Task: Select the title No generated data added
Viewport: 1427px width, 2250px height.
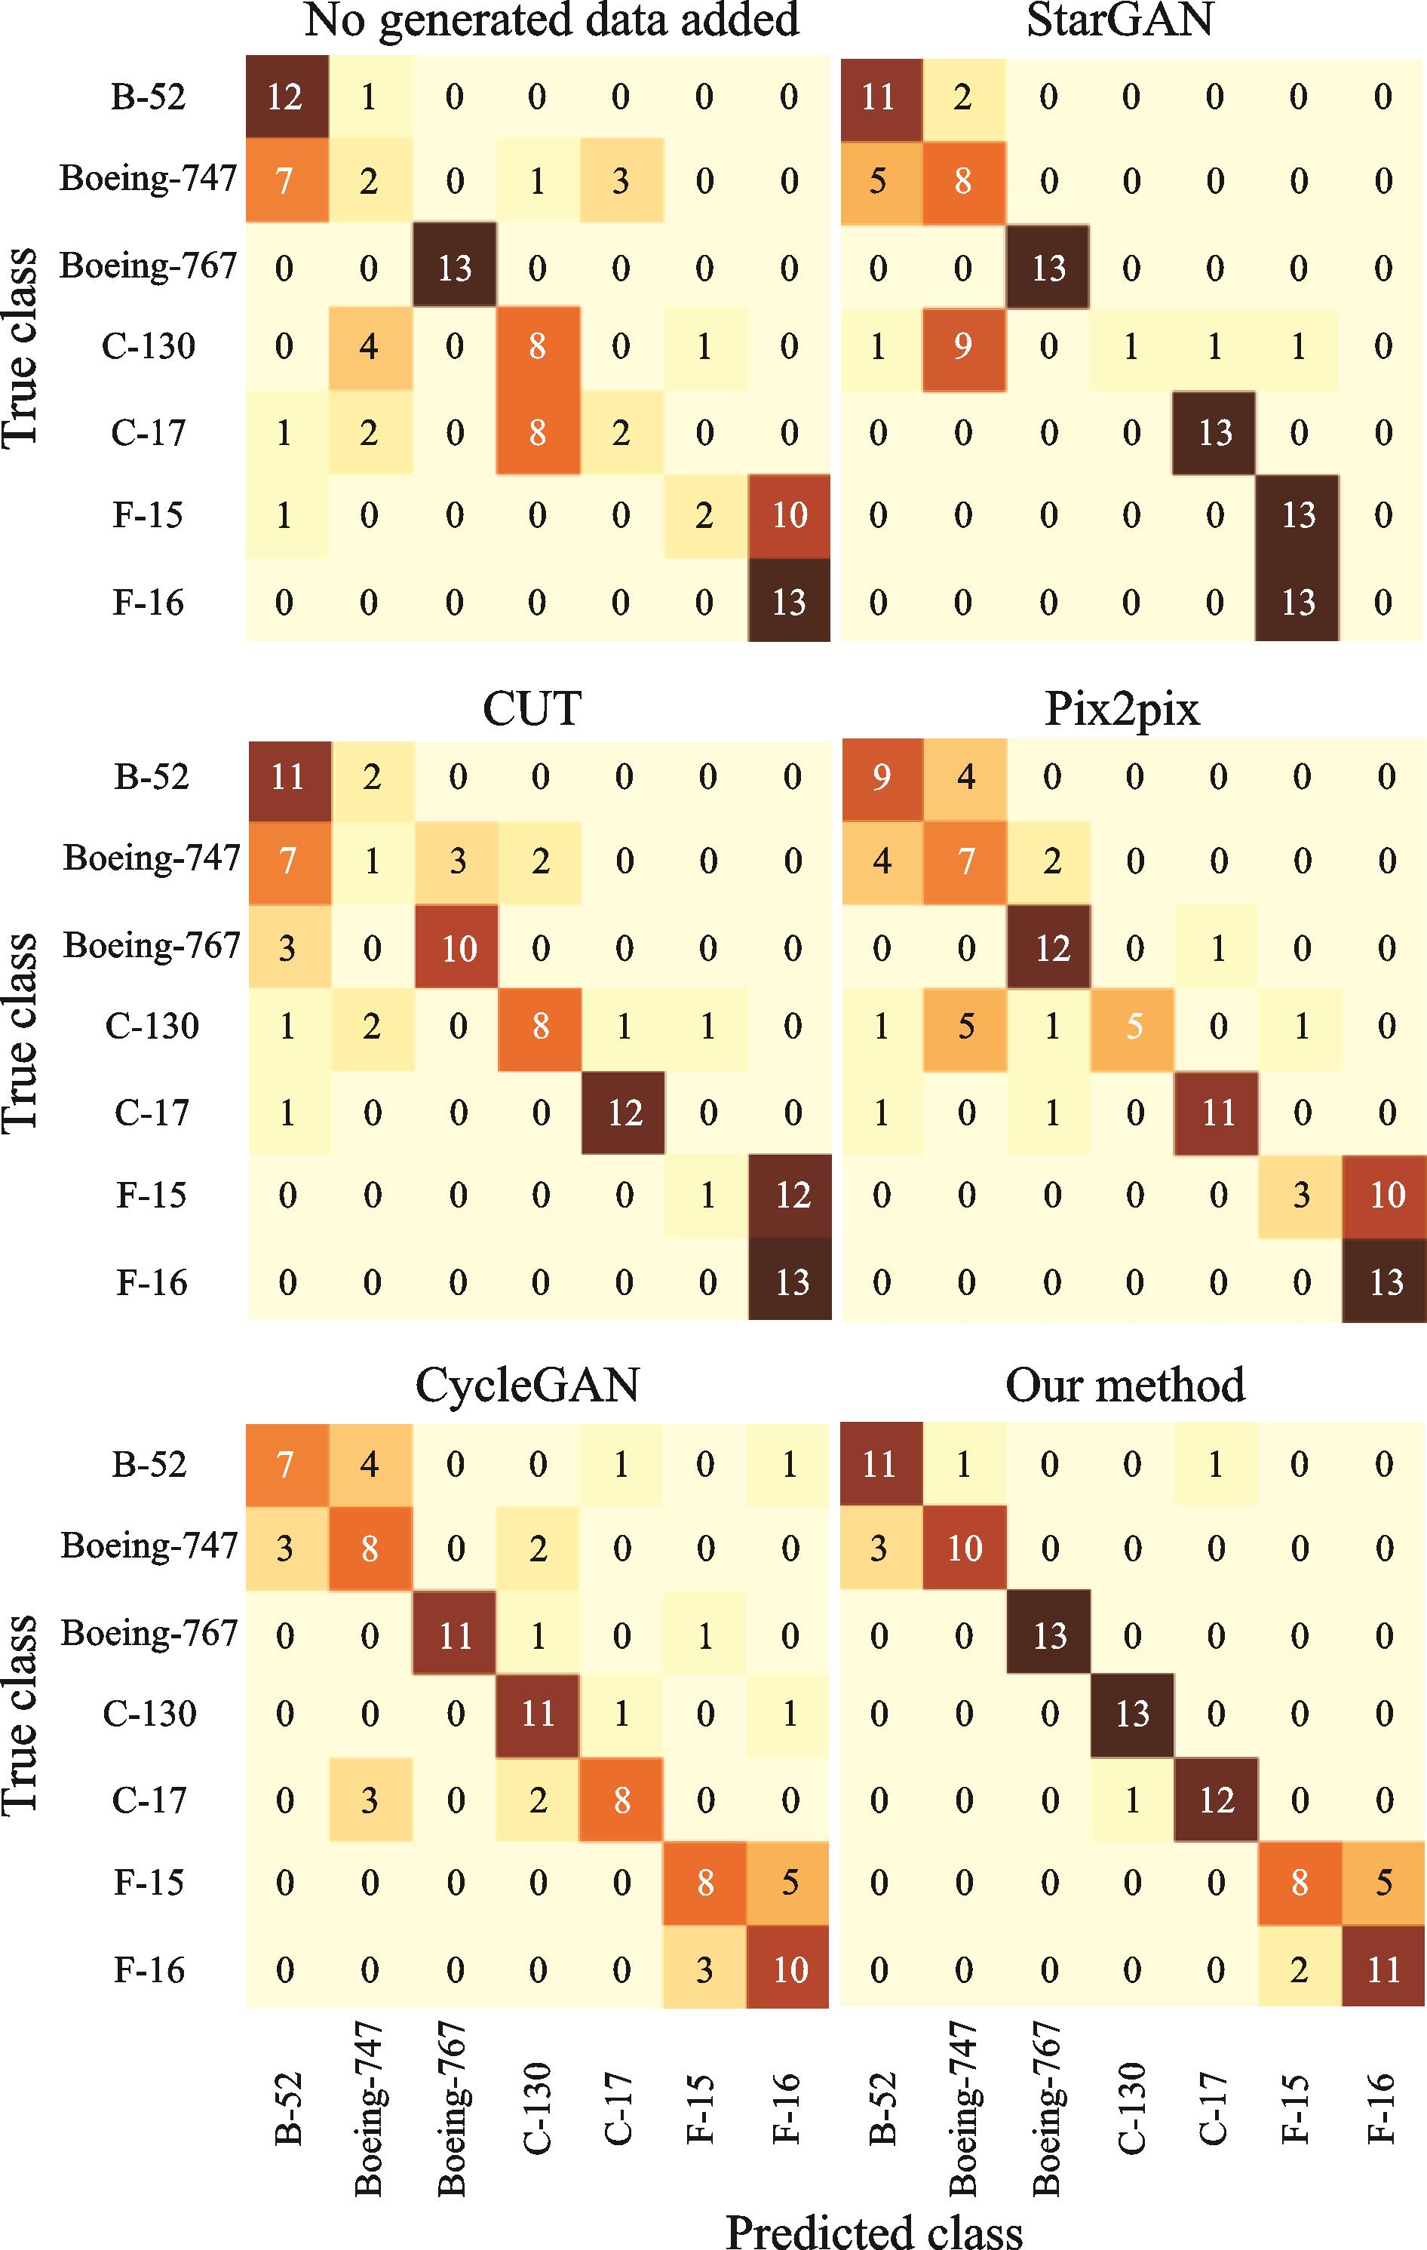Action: coord(551,20)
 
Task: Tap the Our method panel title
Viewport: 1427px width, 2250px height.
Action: coord(1125,1385)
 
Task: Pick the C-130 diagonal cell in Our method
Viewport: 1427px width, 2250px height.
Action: coord(1131,1713)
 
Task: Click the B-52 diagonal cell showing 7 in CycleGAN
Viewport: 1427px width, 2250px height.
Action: coord(286,1463)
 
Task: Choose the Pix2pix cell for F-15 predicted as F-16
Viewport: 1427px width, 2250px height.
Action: coord(1386,1195)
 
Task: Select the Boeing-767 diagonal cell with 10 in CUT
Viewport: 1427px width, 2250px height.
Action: coord(457,948)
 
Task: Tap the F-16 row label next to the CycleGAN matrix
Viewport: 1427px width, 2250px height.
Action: coord(149,1969)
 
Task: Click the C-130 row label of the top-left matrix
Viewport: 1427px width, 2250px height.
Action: coord(149,348)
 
